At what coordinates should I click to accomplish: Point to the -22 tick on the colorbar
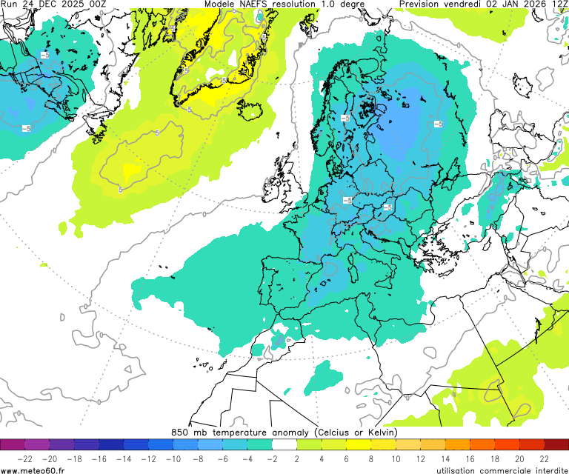(x=24, y=459)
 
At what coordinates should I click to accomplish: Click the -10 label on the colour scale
(x=173, y=459)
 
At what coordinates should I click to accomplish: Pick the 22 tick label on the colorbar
(x=544, y=459)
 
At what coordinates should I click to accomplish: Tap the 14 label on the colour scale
(x=445, y=459)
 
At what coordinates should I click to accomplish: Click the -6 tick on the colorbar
(x=222, y=459)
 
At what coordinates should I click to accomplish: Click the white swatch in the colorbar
(x=284, y=445)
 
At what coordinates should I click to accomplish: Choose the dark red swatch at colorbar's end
(x=556, y=445)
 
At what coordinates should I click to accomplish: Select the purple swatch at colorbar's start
(x=13, y=445)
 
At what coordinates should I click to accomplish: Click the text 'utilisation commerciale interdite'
(x=502, y=470)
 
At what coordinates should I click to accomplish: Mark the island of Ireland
(x=278, y=181)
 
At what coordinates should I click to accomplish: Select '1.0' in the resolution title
(x=330, y=4)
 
